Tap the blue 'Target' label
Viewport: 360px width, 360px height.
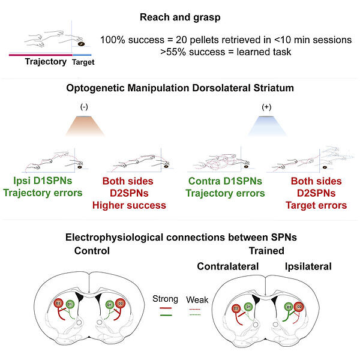point(83,61)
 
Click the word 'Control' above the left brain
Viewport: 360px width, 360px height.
point(93,251)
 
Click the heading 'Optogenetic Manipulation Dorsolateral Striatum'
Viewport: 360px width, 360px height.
point(179,89)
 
